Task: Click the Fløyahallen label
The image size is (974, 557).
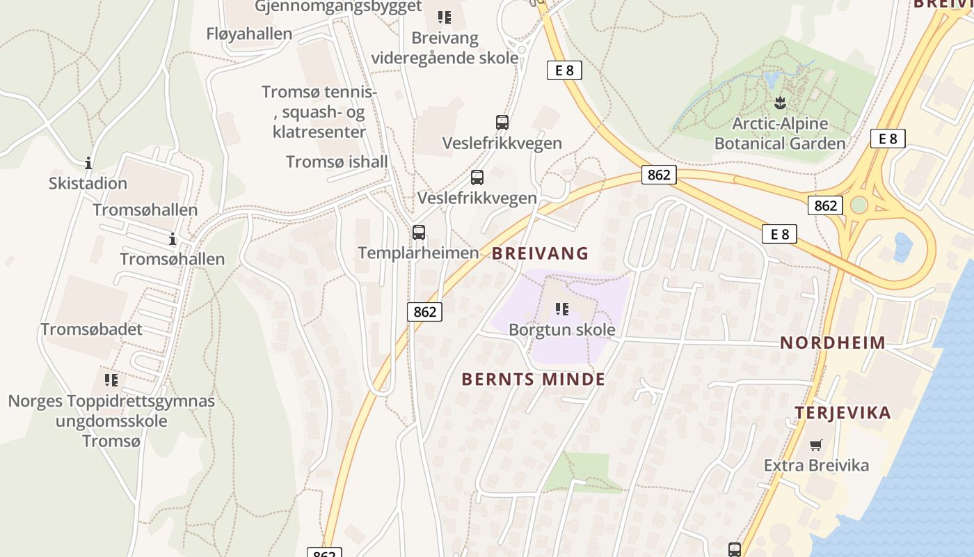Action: pos(249,33)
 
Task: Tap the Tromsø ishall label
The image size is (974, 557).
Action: pos(337,162)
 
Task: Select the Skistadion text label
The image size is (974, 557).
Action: pos(88,184)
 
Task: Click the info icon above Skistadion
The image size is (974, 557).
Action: pos(88,164)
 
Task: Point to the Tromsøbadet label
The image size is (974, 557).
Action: pos(91,329)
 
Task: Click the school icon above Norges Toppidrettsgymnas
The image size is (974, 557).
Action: pos(111,380)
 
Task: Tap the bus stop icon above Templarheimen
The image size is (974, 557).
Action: pos(418,233)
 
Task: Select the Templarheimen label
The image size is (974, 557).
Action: pos(418,253)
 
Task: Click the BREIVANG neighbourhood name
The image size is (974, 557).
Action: pos(540,253)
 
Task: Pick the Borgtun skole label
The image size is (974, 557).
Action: pos(561,329)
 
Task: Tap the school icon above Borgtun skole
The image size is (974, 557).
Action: pos(562,309)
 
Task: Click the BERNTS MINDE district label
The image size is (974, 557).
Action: pos(533,379)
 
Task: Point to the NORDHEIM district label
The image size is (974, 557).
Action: pos(832,343)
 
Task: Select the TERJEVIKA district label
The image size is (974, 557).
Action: pos(843,413)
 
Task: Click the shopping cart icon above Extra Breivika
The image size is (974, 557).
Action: pos(815,445)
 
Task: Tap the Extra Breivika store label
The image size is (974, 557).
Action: pos(815,465)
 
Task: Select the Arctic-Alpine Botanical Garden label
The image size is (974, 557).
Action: pos(780,134)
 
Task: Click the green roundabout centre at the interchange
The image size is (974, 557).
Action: pos(859,205)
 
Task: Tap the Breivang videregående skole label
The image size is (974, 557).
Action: pos(445,47)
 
